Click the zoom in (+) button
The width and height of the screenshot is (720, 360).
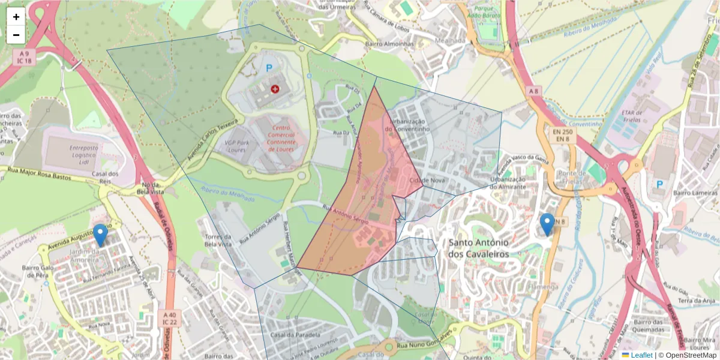pos(16,17)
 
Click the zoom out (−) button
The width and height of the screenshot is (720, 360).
pos(16,35)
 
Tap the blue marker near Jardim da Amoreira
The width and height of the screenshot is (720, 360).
pos(100,235)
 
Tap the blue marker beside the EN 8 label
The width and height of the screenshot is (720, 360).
pos(547,224)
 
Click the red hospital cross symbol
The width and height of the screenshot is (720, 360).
pos(275,89)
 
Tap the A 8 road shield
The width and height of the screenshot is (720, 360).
pos(533,91)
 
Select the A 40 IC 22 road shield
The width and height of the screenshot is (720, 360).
pos(170,318)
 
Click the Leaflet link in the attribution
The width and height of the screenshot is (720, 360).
pos(641,355)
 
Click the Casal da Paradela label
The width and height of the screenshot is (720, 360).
pos(295,335)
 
